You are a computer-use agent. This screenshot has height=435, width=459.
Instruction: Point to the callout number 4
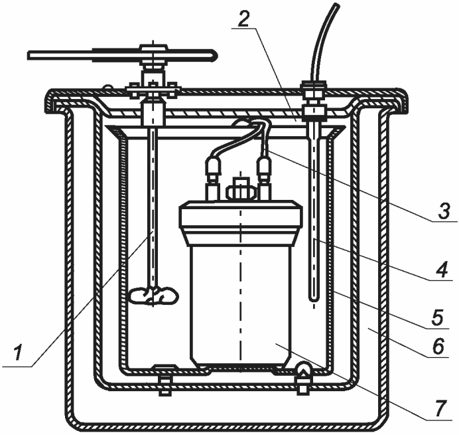click(442, 270)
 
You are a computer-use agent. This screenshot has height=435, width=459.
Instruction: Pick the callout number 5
click(437, 317)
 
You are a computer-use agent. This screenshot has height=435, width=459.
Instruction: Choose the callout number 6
click(438, 346)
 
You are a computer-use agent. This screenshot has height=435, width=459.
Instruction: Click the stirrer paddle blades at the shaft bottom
click(154, 294)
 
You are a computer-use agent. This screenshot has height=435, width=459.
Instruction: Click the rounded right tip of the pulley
click(215, 55)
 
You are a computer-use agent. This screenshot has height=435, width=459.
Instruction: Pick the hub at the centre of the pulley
click(154, 55)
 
